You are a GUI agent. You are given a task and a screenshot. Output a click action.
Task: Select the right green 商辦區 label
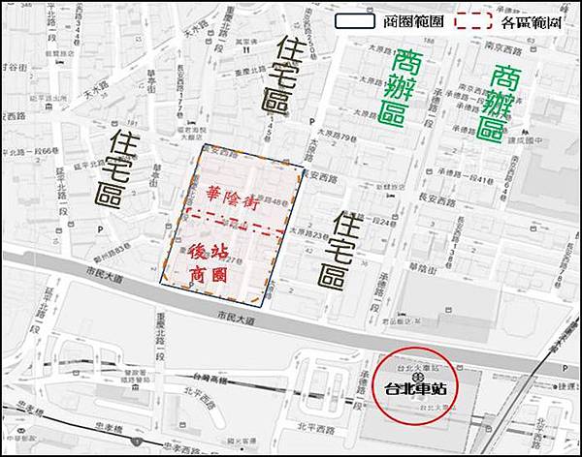tap(507, 103)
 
